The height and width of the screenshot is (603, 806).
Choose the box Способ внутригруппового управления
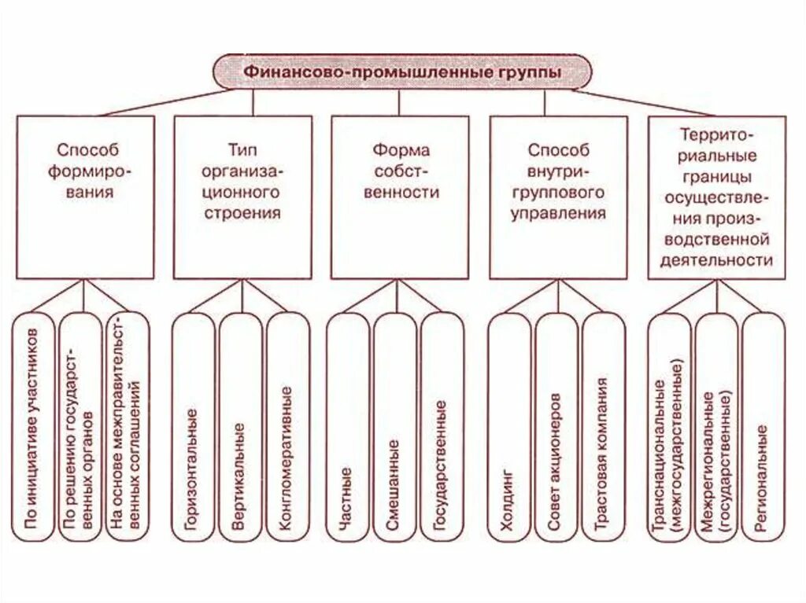[x=558, y=197]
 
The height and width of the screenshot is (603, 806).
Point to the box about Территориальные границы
[x=716, y=197]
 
